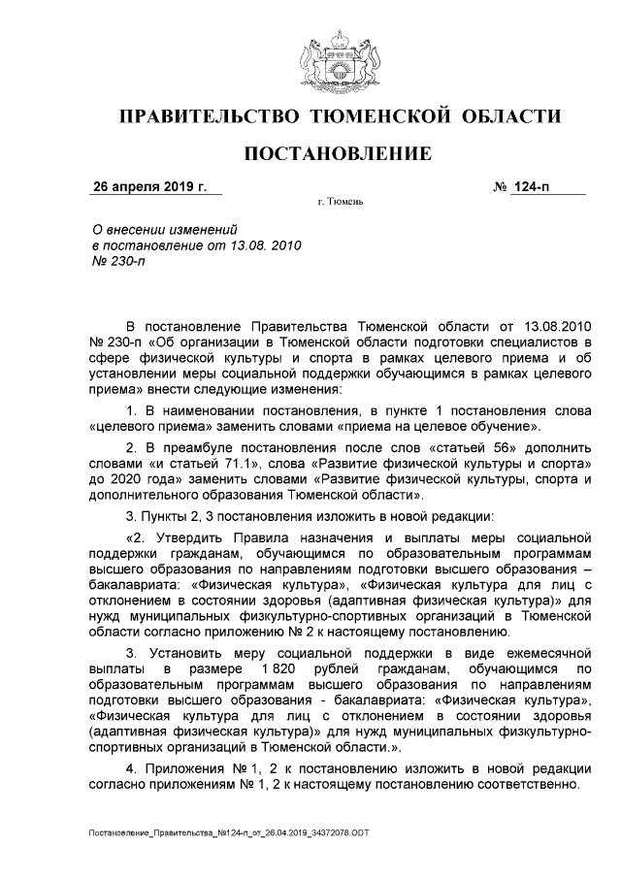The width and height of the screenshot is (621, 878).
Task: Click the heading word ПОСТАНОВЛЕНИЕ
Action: coord(336,154)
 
